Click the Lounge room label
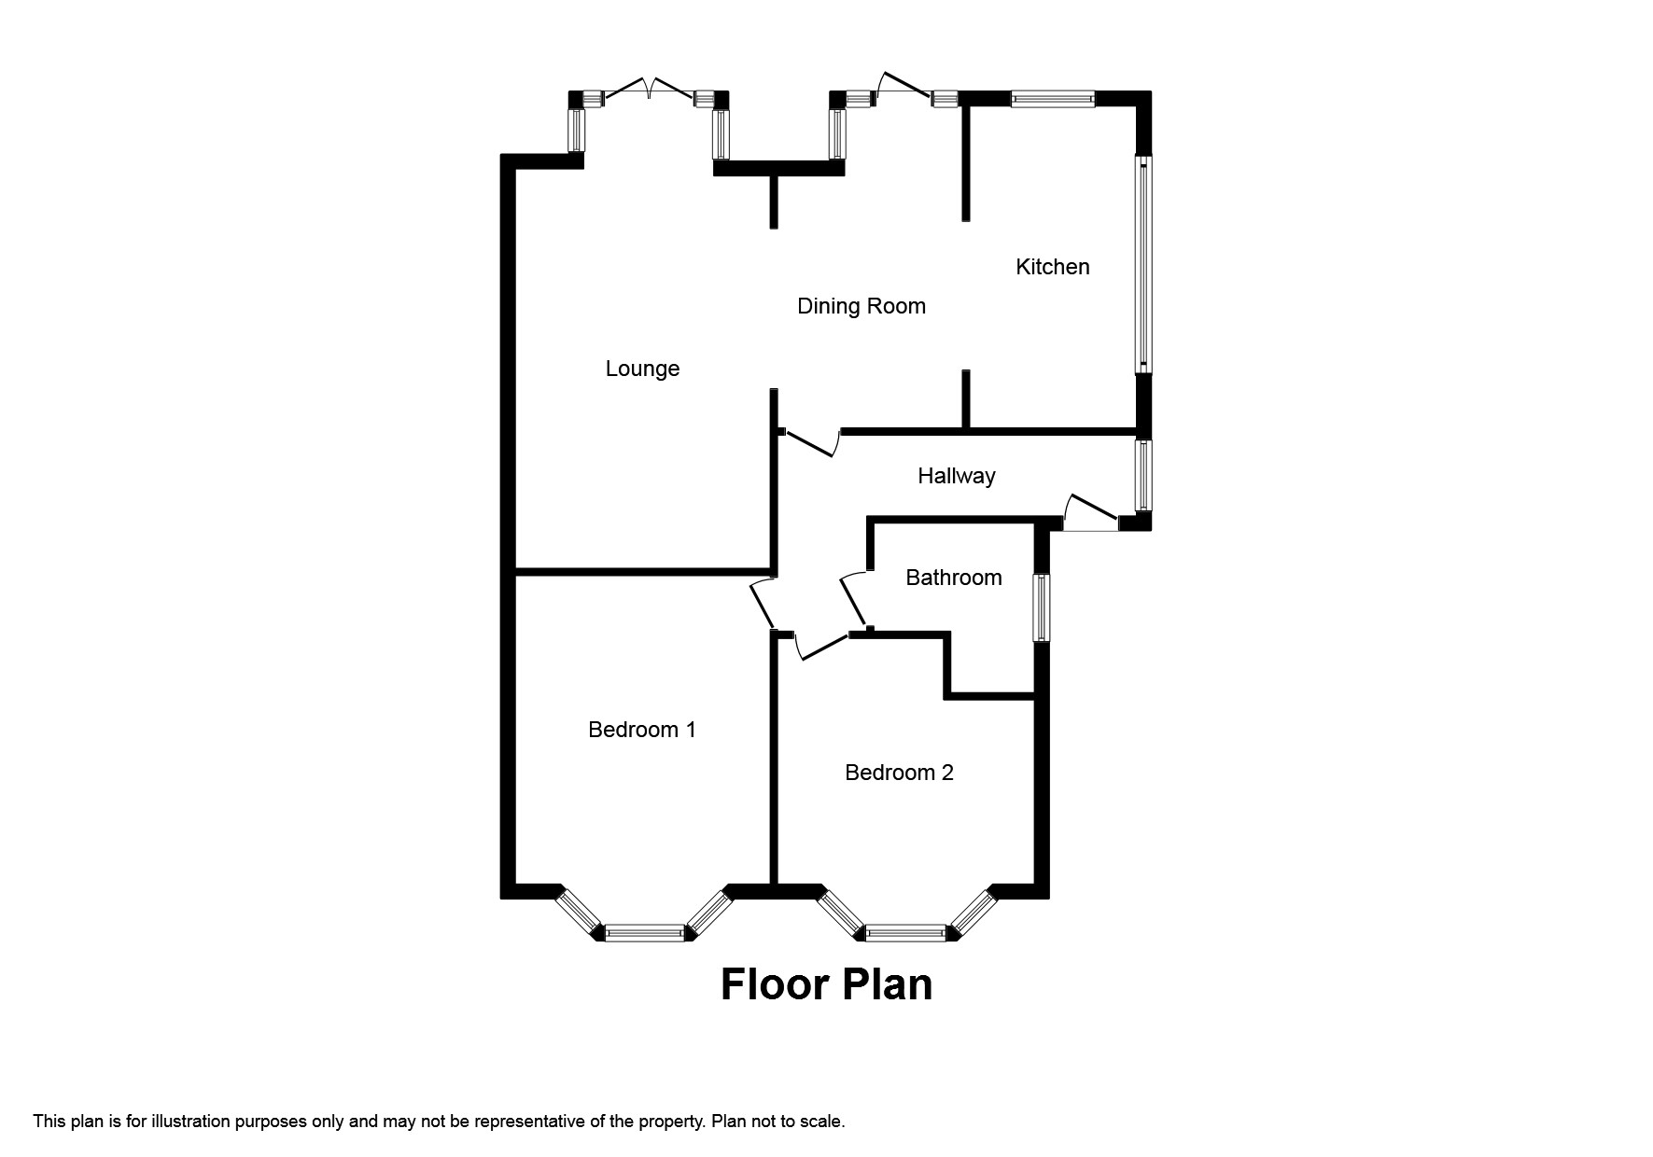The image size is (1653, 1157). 642,369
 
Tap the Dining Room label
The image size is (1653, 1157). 861,306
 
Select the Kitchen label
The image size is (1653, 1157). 1052,267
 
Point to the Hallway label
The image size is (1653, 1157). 956,476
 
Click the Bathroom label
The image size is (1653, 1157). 953,578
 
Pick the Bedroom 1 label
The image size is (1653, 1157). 641,730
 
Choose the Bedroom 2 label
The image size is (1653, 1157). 898,773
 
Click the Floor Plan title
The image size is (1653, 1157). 826,984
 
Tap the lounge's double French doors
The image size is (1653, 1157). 650,91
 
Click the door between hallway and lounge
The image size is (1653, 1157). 810,442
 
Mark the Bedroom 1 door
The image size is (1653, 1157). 763,605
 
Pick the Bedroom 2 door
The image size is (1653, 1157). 821,646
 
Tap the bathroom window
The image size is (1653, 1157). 1041,607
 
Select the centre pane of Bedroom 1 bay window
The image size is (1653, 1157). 644,931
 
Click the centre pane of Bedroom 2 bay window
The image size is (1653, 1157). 905,931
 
